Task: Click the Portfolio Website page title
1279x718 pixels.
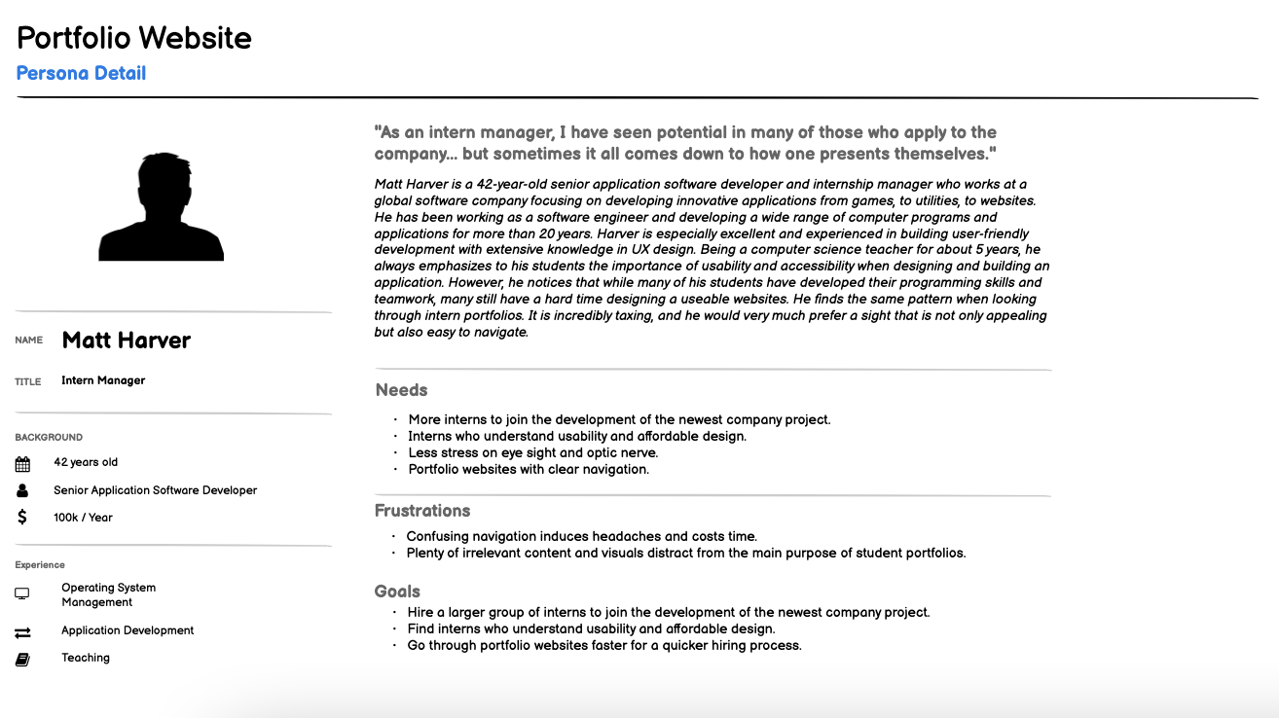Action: click(x=134, y=38)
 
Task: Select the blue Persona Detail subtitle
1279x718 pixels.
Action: click(x=81, y=73)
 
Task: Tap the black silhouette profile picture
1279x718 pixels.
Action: click(x=161, y=206)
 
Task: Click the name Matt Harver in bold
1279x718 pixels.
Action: click(x=127, y=341)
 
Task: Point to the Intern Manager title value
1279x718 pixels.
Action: click(x=103, y=380)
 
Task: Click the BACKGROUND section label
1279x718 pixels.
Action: click(x=49, y=438)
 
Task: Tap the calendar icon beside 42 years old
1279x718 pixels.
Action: click(x=22, y=464)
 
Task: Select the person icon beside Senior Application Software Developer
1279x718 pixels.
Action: click(x=22, y=490)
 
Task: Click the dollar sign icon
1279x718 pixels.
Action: click(x=22, y=518)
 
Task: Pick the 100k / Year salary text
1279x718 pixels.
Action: click(x=83, y=518)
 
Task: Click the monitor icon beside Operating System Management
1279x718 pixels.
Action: click(x=22, y=593)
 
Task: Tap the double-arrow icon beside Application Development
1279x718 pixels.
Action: click(x=22, y=632)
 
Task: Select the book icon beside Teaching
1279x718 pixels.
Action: click(x=22, y=660)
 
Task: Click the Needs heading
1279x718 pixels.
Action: click(x=402, y=390)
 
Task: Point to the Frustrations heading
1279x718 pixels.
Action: click(x=422, y=511)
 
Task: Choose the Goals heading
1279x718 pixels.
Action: click(x=397, y=592)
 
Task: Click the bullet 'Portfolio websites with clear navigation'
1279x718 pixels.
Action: click(x=529, y=469)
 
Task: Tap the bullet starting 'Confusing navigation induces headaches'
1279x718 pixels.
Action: click(x=581, y=536)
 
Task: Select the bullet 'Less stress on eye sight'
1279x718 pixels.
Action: click(x=532, y=452)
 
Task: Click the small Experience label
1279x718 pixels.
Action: click(x=40, y=565)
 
